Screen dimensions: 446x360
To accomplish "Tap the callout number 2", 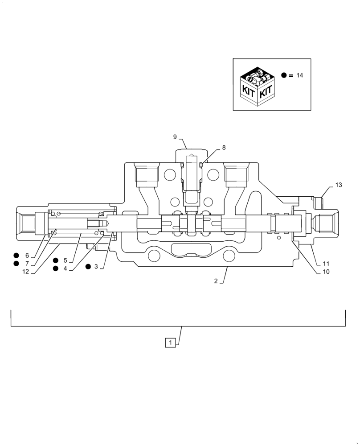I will (216, 281).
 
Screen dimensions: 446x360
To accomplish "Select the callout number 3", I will (96, 266).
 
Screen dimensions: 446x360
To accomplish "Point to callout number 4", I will (65, 268).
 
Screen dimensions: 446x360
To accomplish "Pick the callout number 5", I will (65, 260).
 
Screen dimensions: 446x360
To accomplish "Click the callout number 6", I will (27, 256).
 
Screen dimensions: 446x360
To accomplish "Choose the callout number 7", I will (27, 264).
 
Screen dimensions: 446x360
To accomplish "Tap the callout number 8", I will (224, 147).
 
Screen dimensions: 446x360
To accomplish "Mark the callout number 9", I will (175, 136).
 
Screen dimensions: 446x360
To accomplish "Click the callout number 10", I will (326, 272).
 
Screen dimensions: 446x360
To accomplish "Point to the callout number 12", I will (25, 272).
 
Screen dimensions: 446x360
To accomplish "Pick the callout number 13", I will (339, 185).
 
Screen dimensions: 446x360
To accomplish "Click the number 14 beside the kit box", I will (299, 75).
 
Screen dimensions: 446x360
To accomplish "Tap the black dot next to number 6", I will (16, 256).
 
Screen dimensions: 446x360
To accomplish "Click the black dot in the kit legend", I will (284, 75).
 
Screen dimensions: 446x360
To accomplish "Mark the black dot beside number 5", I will (56, 260).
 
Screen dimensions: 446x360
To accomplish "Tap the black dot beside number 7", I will (16, 264).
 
